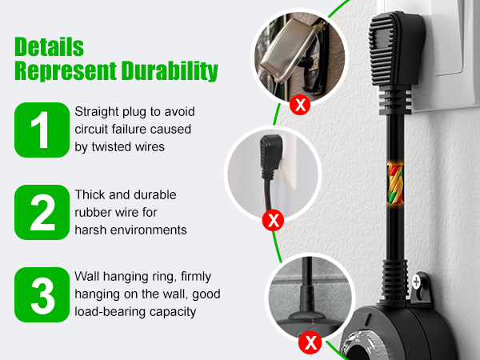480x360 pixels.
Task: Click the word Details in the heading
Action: point(49,47)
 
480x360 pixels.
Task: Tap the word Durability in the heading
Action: point(170,71)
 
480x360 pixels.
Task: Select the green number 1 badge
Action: point(42,130)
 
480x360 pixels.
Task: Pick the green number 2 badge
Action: point(42,213)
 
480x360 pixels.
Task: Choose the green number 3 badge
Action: point(42,294)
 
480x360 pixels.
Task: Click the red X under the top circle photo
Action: point(300,105)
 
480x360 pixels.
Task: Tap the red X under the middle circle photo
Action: point(273,220)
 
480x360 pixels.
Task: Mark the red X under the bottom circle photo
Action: point(310,342)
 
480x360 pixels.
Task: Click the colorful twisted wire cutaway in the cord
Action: point(395,184)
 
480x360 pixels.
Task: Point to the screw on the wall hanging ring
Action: point(416,282)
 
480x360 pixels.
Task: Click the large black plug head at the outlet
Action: point(395,49)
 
